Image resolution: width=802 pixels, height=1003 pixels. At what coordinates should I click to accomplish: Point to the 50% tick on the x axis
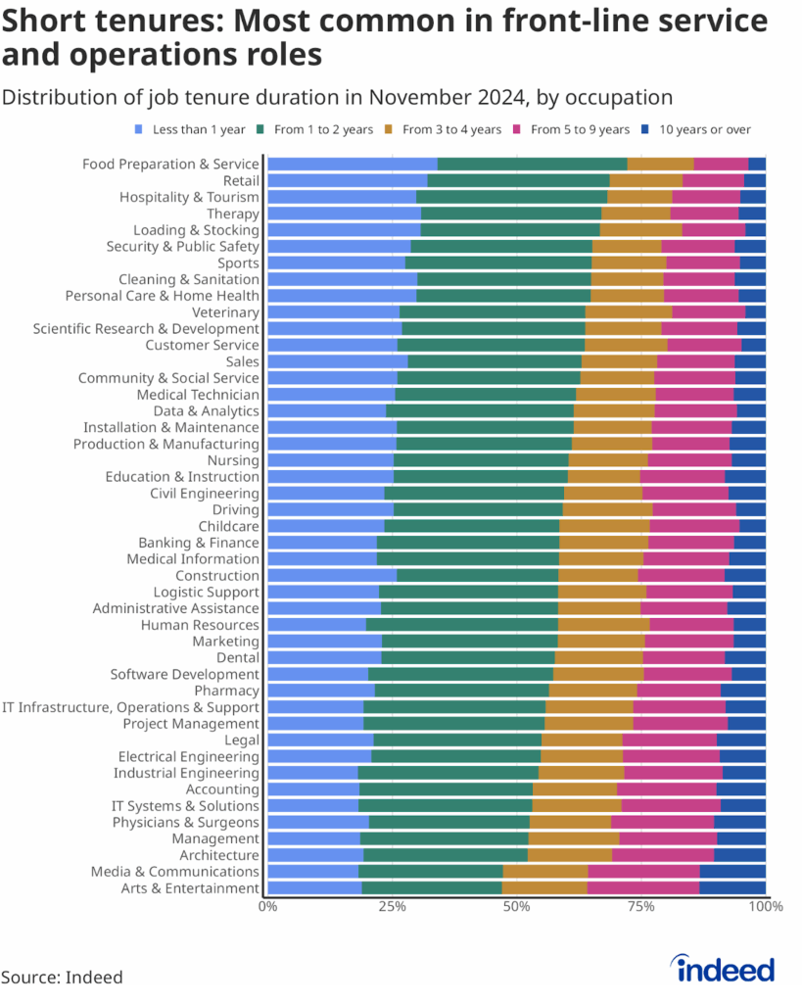pyautogui.click(x=516, y=907)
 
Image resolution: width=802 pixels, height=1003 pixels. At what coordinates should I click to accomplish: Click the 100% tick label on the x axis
pyautogui.click(x=765, y=907)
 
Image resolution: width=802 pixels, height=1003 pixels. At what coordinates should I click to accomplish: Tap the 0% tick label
pyautogui.click(x=267, y=907)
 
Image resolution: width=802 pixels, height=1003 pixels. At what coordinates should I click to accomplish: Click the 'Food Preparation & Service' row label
pyautogui.click(x=170, y=164)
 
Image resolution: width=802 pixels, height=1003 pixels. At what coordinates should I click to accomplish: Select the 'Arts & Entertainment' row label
pyautogui.click(x=190, y=888)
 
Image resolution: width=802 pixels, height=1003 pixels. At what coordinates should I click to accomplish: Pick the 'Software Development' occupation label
pyautogui.click(x=184, y=674)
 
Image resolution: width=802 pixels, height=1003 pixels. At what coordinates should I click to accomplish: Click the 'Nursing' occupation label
pyautogui.click(x=233, y=460)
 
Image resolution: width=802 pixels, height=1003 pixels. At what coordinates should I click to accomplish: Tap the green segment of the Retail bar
pyautogui.click(x=518, y=180)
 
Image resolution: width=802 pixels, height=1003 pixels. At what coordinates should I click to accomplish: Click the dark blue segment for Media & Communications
pyautogui.click(x=732, y=872)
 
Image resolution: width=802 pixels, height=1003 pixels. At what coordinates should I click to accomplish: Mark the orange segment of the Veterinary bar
pyautogui.click(x=628, y=311)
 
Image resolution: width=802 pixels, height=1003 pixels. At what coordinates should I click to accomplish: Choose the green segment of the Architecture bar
pyautogui.click(x=446, y=855)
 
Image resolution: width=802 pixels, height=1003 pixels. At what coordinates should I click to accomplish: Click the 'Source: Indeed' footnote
pyautogui.click(x=62, y=977)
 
